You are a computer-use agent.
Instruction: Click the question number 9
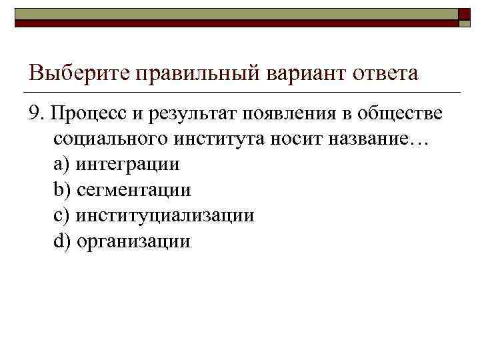[x=35, y=113]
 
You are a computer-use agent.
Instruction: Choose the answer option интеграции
[x=127, y=164]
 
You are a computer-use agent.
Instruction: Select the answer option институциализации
[x=165, y=215]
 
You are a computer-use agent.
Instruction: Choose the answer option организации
[x=133, y=241]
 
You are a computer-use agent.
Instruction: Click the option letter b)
[x=61, y=190]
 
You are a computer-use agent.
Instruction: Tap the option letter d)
[x=61, y=241]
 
